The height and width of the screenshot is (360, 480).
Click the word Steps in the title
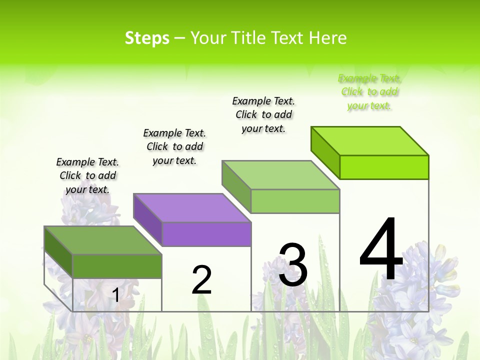pyautogui.click(x=147, y=38)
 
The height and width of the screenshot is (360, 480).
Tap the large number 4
pyautogui.click(x=381, y=250)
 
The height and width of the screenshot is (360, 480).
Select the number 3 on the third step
pyautogui.click(x=293, y=265)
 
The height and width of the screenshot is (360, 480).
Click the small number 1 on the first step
pyautogui.click(x=115, y=295)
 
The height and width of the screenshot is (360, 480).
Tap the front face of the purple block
pyautogui.click(x=206, y=234)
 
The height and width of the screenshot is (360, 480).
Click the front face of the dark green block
pyautogui.click(x=117, y=266)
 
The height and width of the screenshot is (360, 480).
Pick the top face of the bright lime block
pyautogui.click(x=370, y=140)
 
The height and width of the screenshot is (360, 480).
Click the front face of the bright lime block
pyautogui.click(x=384, y=167)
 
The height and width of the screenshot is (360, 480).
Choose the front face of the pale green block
pyautogui.click(x=295, y=201)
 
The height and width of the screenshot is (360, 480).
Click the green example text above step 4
pyautogui.click(x=369, y=92)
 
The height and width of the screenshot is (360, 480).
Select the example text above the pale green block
pyautogui.click(x=263, y=114)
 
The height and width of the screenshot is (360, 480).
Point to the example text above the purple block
pyautogui.click(x=174, y=146)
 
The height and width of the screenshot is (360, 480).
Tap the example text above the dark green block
pyautogui.click(x=87, y=175)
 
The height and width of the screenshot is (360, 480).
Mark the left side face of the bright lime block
pyautogui.click(x=325, y=152)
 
